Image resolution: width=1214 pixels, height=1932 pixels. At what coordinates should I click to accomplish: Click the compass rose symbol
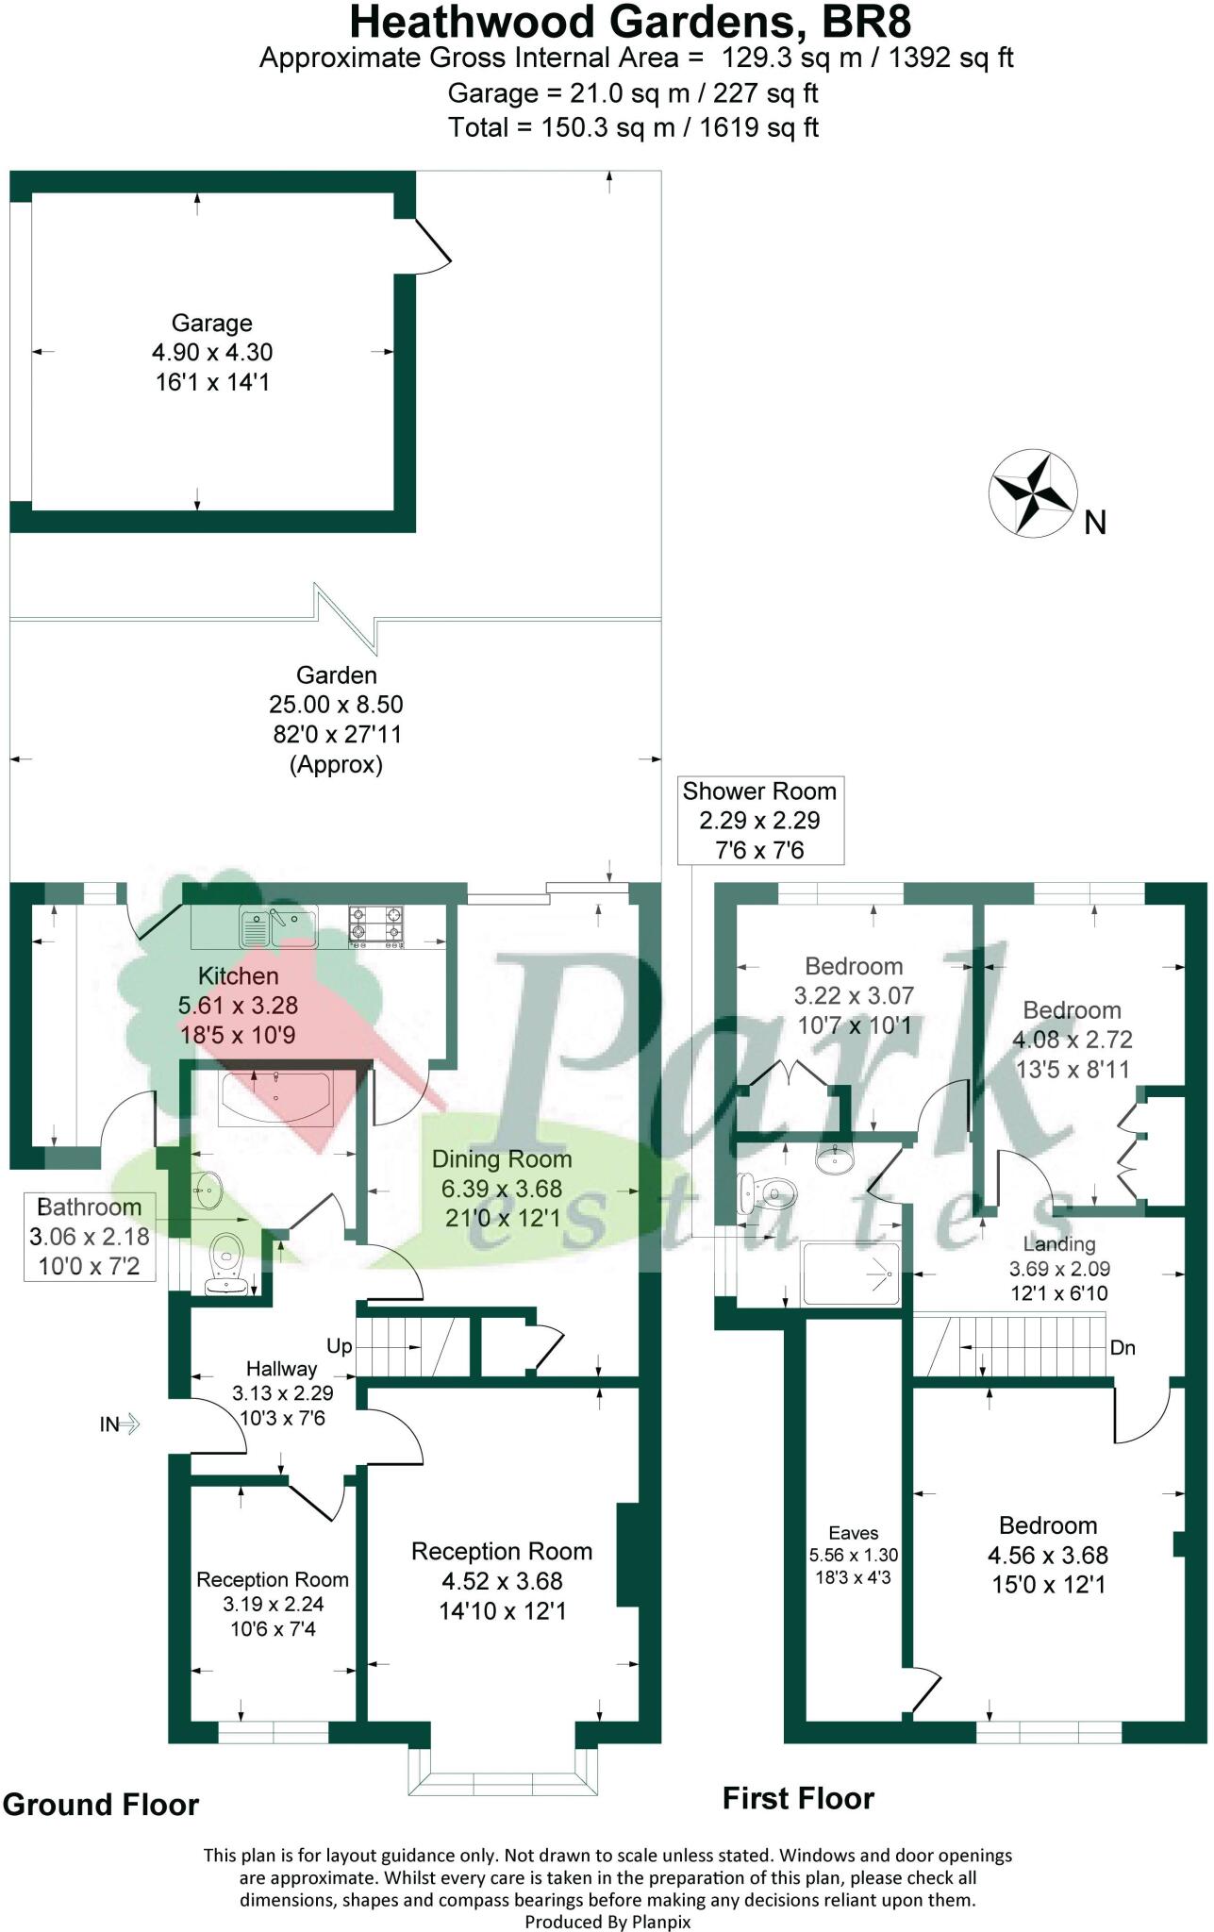(1033, 493)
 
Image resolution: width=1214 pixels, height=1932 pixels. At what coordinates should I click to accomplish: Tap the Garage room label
(212, 323)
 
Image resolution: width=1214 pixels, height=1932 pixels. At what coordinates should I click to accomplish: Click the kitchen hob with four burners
(375, 924)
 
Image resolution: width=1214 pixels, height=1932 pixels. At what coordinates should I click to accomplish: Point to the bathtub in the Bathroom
(274, 1098)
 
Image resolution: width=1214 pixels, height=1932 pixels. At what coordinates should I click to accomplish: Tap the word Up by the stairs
(340, 1346)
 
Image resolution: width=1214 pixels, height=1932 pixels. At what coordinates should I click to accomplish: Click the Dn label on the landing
(1123, 1348)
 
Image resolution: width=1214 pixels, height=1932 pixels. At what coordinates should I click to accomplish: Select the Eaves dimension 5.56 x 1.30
(854, 1556)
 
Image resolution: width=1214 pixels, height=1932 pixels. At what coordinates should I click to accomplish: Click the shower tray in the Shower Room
(850, 1274)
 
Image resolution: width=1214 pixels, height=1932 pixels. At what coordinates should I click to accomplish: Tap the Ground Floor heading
(101, 1805)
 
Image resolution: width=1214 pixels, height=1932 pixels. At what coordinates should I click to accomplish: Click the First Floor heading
(798, 1799)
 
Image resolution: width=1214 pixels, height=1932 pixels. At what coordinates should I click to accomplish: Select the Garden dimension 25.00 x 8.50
(337, 705)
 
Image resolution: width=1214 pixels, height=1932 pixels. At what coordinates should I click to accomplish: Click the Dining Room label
(502, 1159)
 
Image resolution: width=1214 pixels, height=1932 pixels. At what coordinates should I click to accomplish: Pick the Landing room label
(1059, 1244)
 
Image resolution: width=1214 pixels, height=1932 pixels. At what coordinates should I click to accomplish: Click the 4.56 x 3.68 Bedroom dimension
(1048, 1556)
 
